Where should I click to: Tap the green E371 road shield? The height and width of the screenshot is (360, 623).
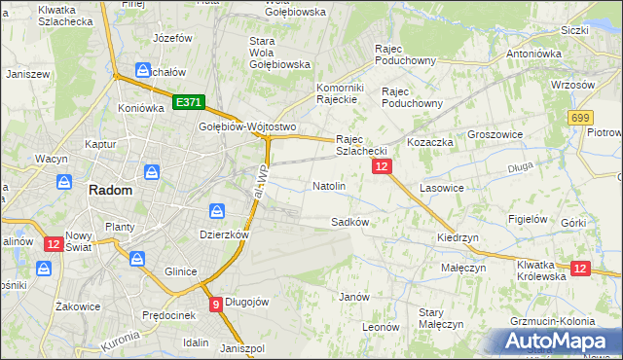[x=188, y=101]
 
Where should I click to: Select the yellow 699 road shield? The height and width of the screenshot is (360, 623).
[x=582, y=117]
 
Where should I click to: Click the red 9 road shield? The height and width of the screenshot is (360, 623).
[x=215, y=304]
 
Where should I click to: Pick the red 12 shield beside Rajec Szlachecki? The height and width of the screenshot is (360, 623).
[x=382, y=167]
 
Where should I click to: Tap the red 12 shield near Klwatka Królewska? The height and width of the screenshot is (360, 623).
[x=580, y=268]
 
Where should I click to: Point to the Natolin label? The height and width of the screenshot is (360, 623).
[x=329, y=185]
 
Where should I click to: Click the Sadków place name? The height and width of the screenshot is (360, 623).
[x=349, y=221]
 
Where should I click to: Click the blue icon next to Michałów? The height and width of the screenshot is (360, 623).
[x=142, y=70]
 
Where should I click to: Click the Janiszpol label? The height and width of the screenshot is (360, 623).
[x=242, y=348]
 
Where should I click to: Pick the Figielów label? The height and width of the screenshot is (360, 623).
[x=528, y=219]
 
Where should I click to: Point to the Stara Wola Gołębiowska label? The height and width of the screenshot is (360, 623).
[x=278, y=53]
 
